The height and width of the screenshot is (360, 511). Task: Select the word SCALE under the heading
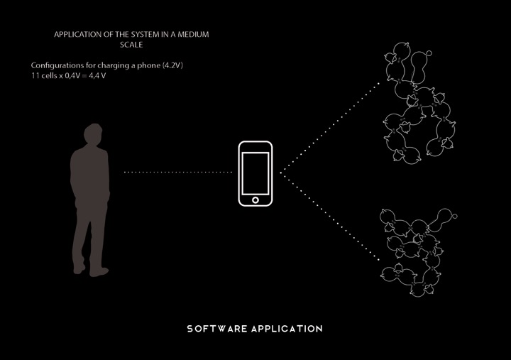(132, 45)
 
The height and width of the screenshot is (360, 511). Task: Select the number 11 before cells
(26, 75)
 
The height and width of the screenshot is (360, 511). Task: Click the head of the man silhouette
(90, 135)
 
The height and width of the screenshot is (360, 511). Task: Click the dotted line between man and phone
(179, 172)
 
